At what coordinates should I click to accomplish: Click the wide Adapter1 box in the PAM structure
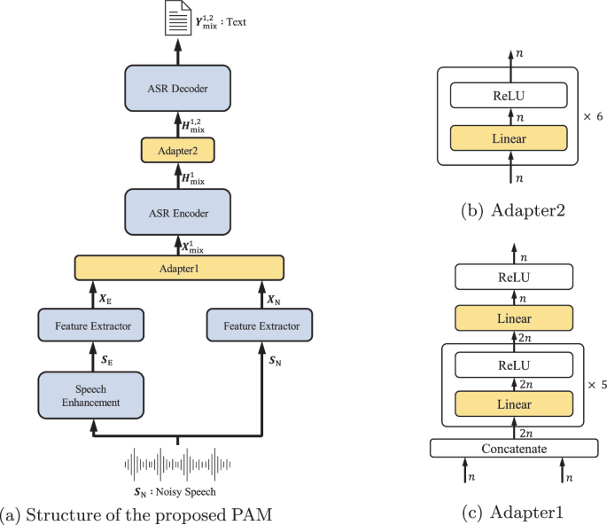178,267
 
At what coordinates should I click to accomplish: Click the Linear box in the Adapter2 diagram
508,137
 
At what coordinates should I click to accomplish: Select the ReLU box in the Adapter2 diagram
508,94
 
